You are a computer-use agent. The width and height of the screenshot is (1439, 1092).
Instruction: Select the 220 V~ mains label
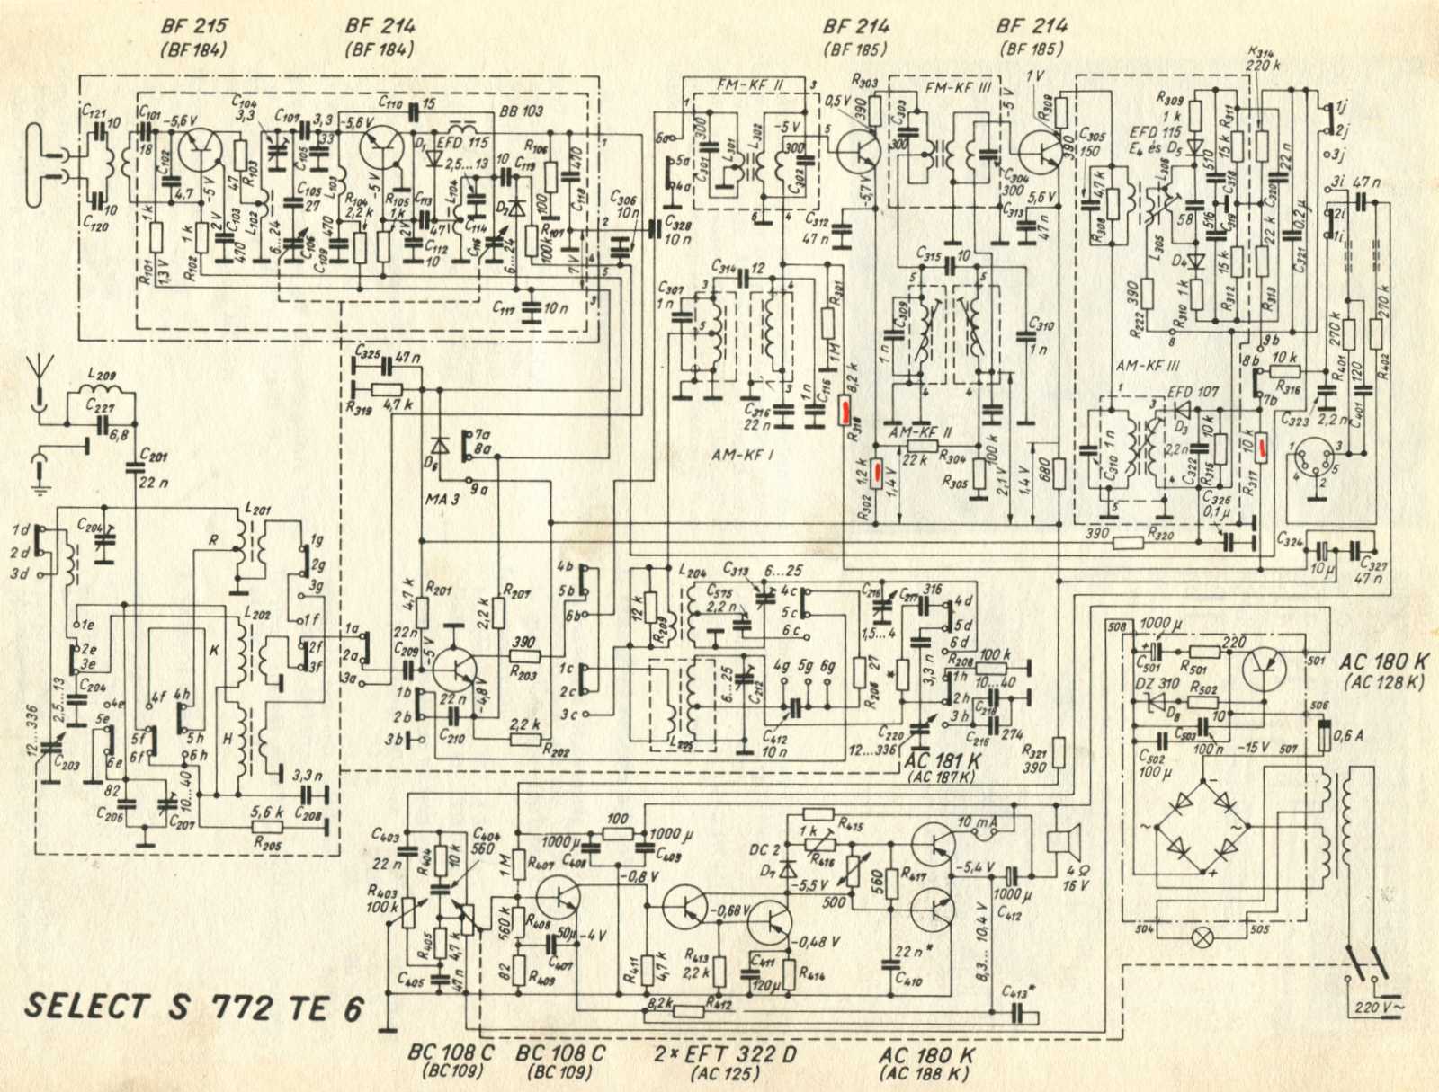point(1378,1008)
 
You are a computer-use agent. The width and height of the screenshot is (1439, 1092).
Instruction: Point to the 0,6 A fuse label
point(1347,735)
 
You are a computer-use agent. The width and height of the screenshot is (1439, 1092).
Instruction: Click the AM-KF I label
point(742,455)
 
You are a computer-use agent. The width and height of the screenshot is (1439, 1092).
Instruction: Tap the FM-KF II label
point(751,84)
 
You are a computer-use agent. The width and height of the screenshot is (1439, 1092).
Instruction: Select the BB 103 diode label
point(521,111)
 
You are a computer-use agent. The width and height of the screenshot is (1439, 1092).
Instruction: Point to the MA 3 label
point(442,497)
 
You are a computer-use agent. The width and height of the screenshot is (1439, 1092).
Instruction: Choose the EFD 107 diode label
point(1193,392)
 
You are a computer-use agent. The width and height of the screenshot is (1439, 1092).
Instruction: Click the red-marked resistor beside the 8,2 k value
point(845,411)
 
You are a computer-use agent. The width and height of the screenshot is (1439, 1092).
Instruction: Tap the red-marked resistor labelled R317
point(1262,447)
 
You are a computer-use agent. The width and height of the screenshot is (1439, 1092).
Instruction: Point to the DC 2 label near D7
point(764,849)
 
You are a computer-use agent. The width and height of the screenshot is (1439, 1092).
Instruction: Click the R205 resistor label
point(268,843)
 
